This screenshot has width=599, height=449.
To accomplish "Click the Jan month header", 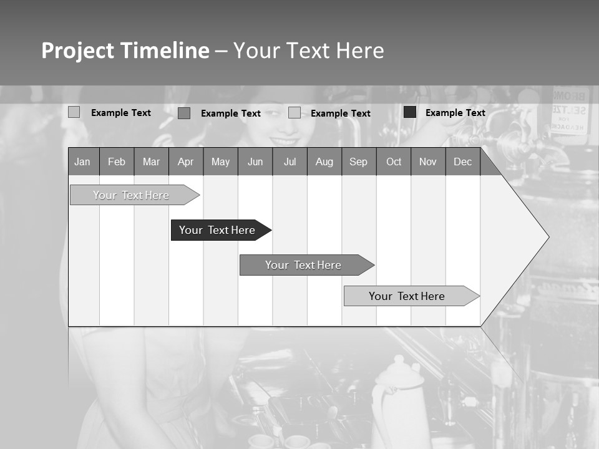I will (83, 162).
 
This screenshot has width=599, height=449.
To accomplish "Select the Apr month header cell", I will (186, 162).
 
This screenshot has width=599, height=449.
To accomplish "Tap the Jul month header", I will (290, 162).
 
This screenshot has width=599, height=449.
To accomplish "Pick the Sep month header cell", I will (359, 162).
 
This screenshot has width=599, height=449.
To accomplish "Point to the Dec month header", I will (462, 162).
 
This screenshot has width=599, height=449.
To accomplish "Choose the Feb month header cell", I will (117, 162).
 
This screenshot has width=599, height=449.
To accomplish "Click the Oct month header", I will (394, 162).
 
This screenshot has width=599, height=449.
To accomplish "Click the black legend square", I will (410, 112).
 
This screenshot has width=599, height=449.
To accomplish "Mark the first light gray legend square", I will (74, 112).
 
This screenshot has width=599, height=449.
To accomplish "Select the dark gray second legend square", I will (184, 113).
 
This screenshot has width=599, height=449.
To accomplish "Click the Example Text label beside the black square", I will (455, 113).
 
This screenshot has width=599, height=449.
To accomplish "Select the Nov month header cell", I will (428, 162).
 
